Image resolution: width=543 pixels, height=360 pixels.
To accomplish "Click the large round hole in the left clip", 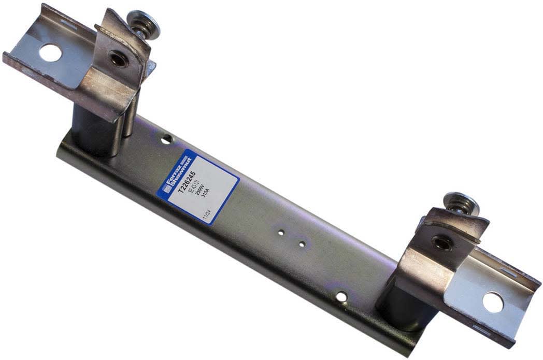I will click(x=50, y=52).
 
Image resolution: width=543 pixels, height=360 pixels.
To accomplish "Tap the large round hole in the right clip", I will click(x=493, y=303).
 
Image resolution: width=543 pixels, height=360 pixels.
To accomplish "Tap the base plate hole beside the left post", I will click(x=166, y=139).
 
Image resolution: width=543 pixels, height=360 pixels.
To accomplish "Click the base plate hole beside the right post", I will click(x=341, y=296).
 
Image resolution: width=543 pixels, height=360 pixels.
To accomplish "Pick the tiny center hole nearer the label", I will click(x=280, y=233).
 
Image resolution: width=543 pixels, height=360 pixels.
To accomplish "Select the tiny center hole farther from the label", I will click(x=301, y=242).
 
